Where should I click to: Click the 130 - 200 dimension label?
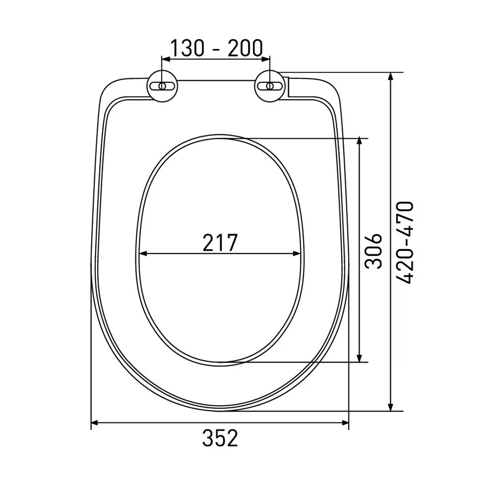click(216, 48)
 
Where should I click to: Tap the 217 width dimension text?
click(220, 243)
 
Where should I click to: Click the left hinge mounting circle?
click(162, 86)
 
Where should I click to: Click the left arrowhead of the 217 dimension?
click(143, 254)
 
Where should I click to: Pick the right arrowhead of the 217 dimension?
click(297, 254)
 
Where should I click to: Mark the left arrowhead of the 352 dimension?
click(95, 423)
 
